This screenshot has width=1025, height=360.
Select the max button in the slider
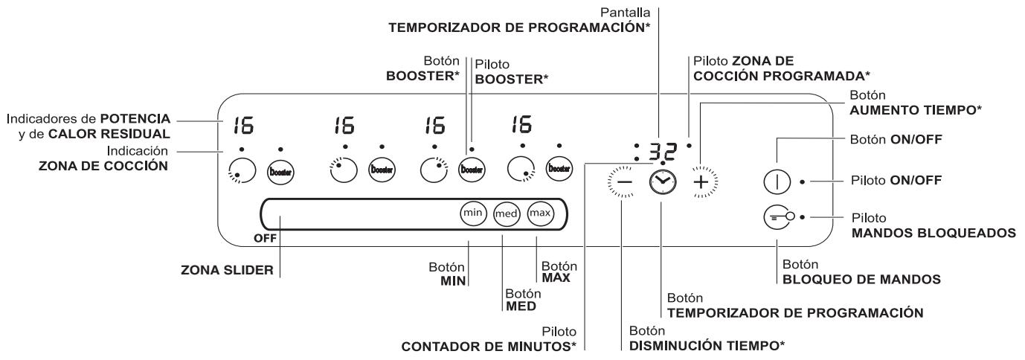539,213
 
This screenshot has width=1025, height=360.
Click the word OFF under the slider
264,240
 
